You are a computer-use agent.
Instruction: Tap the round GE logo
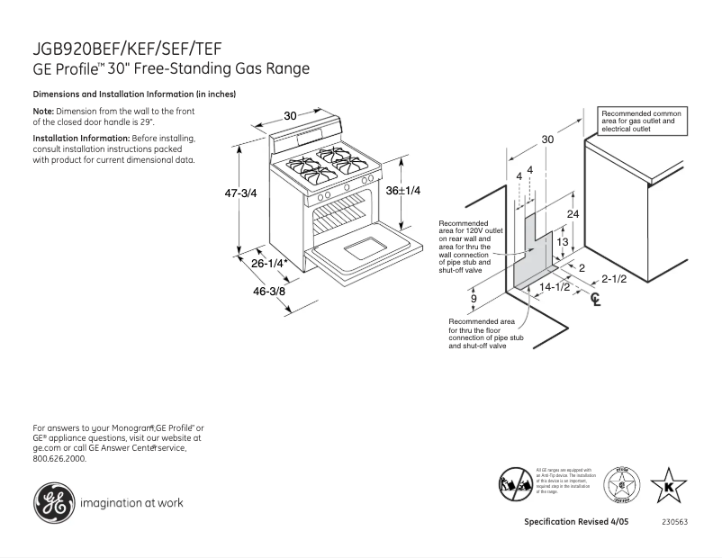pos(52,502)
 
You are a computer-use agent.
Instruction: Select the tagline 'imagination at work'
pos(131,503)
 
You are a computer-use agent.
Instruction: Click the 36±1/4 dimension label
pos(403,191)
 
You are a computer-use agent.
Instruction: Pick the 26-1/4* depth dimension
pos(268,264)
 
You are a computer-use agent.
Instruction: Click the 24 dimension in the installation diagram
pos(573,213)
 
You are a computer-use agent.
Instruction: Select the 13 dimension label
pos(561,242)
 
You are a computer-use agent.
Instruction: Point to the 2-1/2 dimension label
pos(614,278)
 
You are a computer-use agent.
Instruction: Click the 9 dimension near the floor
pos(474,298)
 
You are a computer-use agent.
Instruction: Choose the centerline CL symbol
pos(594,299)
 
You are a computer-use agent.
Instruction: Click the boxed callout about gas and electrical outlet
pos(641,121)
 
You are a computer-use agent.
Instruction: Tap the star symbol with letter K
pos(668,486)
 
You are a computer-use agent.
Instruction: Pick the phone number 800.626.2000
pos(59,458)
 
